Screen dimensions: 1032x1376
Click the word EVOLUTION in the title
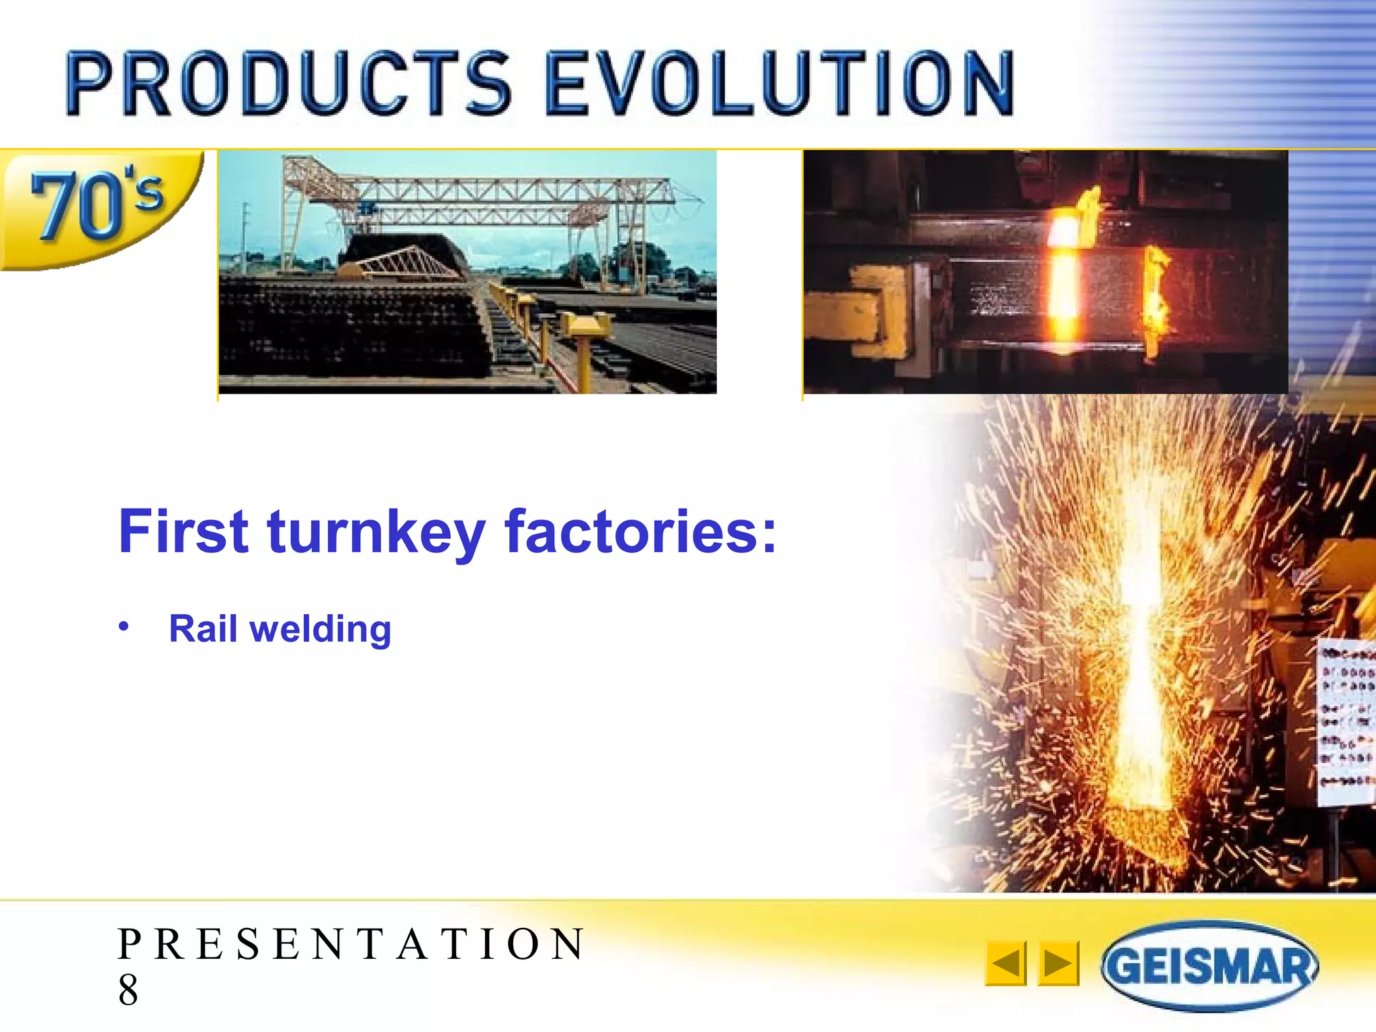pyautogui.click(x=779, y=84)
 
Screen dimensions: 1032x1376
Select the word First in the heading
pyautogui.click(x=183, y=532)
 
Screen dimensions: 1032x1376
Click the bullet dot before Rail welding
pyautogui.click(x=124, y=627)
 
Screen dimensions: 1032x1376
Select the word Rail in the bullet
pyautogui.click(x=202, y=629)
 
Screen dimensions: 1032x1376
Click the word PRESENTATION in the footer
pyautogui.click(x=351, y=944)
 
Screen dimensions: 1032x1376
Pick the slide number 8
pyautogui.click(x=128, y=990)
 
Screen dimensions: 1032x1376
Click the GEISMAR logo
pyautogui.click(x=1209, y=966)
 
